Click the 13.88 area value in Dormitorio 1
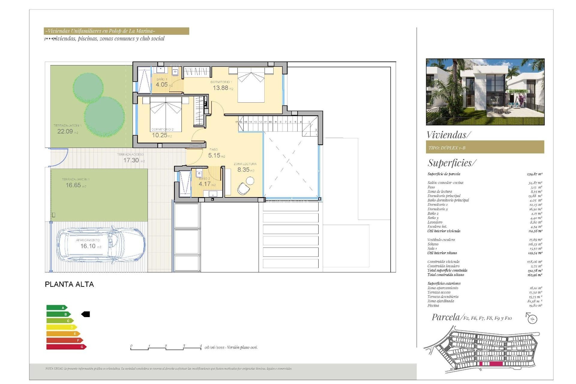(x=220, y=88)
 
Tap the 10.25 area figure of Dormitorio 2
(x=160, y=135)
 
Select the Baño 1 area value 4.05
(x=162, y=85)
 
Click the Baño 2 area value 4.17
(x=205, y=184)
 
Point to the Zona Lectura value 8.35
(x=243, y=169)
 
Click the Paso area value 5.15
(x=214, y=155)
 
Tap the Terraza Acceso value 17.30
(x=131, y=160)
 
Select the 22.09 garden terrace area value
(x=65, y=131)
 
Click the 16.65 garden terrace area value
(x=73, y=185)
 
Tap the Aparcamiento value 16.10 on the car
(x=88, y=246)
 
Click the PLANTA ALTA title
(x=69, y=284)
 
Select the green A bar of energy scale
(x=56, y=307)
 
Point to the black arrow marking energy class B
(x=86, y=314)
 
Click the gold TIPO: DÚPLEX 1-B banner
(x=485, y=147)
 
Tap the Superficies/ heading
(x=451, y=163)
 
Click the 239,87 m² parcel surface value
(x=534, y=174)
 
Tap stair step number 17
(x=236, y=122)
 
